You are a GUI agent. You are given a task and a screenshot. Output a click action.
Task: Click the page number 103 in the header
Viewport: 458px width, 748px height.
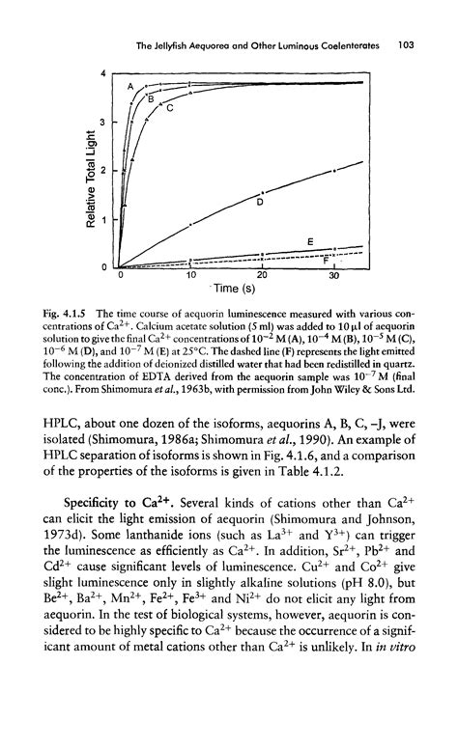pyautogui.click(x=407, y=43)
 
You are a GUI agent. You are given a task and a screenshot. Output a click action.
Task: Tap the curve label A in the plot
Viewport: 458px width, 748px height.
pyautogui.click(x=129, y=87)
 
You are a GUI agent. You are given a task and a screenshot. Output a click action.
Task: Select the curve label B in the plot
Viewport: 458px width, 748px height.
pyautogui.click(x=150, y=97)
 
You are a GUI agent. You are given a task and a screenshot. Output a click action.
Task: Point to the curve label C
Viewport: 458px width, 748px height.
pyautogui.click(x=168, y=108)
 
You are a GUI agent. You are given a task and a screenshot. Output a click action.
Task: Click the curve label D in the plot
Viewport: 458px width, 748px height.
pyautogui.click(x=259, y=203)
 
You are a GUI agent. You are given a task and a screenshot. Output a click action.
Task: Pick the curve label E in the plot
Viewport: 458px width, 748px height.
pyautogui.click(x=310, y=240)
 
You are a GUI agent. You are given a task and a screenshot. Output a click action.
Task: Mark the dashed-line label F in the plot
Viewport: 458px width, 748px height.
pyautogui.click(x=326, y=260)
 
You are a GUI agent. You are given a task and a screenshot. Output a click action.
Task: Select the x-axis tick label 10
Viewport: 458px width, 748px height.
pyautogui.click(x=191, y=277)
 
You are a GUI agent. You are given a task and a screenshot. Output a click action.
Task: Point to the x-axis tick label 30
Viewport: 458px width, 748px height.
pyautogui.click(x=334, y=277)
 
